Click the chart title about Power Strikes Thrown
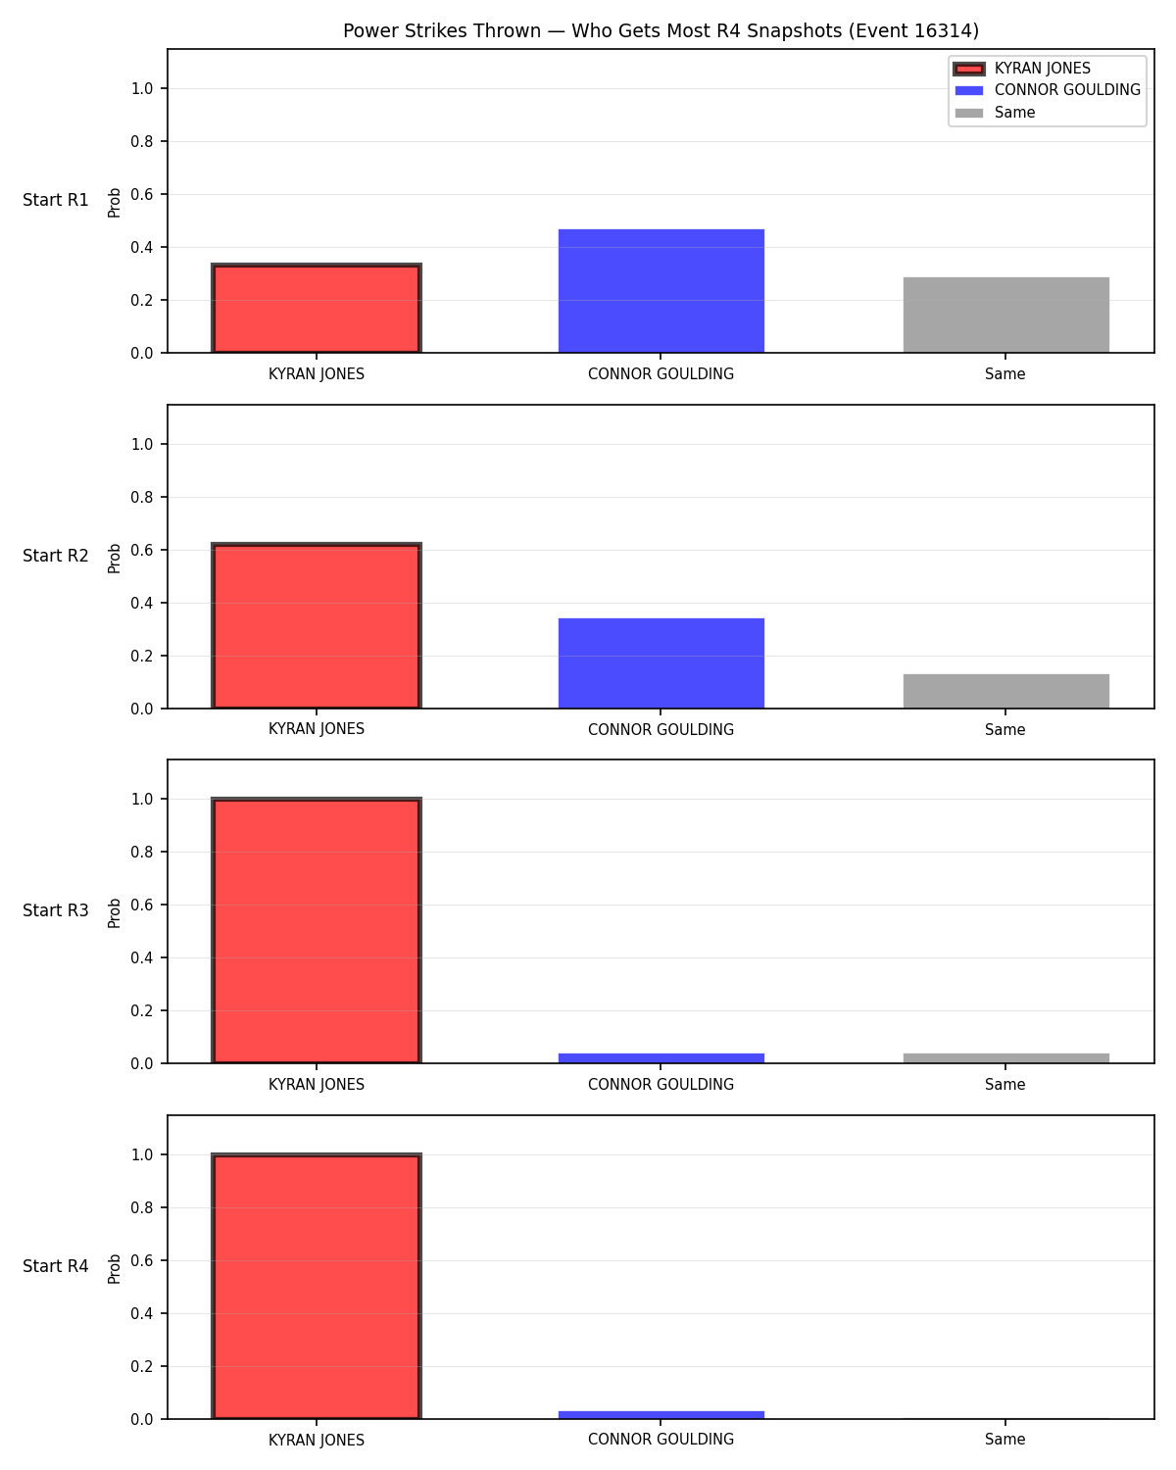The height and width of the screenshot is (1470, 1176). [661, 30]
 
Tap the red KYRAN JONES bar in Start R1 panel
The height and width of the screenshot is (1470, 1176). [317, 308]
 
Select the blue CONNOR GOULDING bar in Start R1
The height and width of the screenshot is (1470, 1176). [661, 291]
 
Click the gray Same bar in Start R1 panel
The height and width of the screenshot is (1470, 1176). [1005, 315]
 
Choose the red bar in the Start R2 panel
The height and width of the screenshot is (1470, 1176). [317, 625]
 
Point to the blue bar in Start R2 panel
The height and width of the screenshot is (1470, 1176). [661, 663]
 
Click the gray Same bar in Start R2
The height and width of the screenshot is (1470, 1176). [1005, 691]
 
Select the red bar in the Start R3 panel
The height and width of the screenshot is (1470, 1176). [317, 930]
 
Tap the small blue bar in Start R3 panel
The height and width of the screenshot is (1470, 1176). [661, 1058]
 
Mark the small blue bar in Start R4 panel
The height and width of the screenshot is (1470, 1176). [661, 1415]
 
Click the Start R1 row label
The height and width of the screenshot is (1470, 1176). [55, 200]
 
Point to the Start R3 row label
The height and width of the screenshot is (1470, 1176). [55, 910]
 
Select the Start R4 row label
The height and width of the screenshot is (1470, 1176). [55, 1266]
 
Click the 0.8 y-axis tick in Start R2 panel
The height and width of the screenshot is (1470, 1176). [141, 497]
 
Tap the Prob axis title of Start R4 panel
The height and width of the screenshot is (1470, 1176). [114, 1269]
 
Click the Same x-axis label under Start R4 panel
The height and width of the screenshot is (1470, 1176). [1004, 1440]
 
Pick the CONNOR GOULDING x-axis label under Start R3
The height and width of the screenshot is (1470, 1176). [661, 1084]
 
